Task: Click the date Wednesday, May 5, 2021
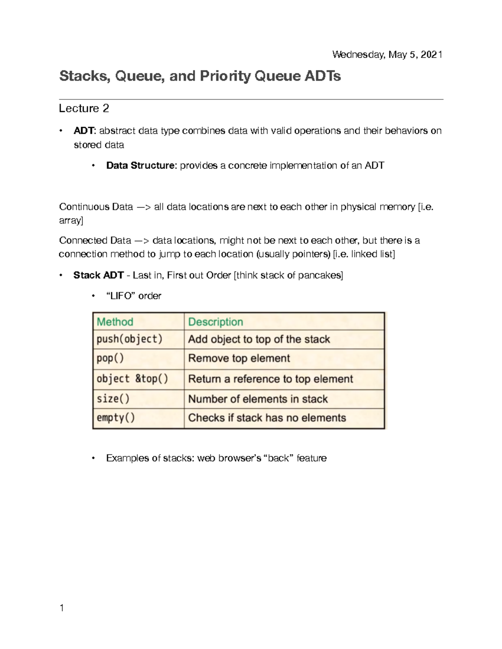[387, 55]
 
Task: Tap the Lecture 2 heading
[84, 109]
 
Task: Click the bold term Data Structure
[140, 165]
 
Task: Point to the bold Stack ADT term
[98, 275]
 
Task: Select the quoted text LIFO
[121, 296]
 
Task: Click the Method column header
[115, 322]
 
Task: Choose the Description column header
[215, 322]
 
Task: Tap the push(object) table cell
[129, 339]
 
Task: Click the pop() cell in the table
[110, 359]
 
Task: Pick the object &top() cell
[132, 379]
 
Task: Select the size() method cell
[113, 399]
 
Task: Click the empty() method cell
[116, 418]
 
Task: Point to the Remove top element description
[239, 359]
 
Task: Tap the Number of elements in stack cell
[258, 399]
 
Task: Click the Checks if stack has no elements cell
[267, 418]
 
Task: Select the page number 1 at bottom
[62, 608]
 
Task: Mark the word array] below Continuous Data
[71, 221]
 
